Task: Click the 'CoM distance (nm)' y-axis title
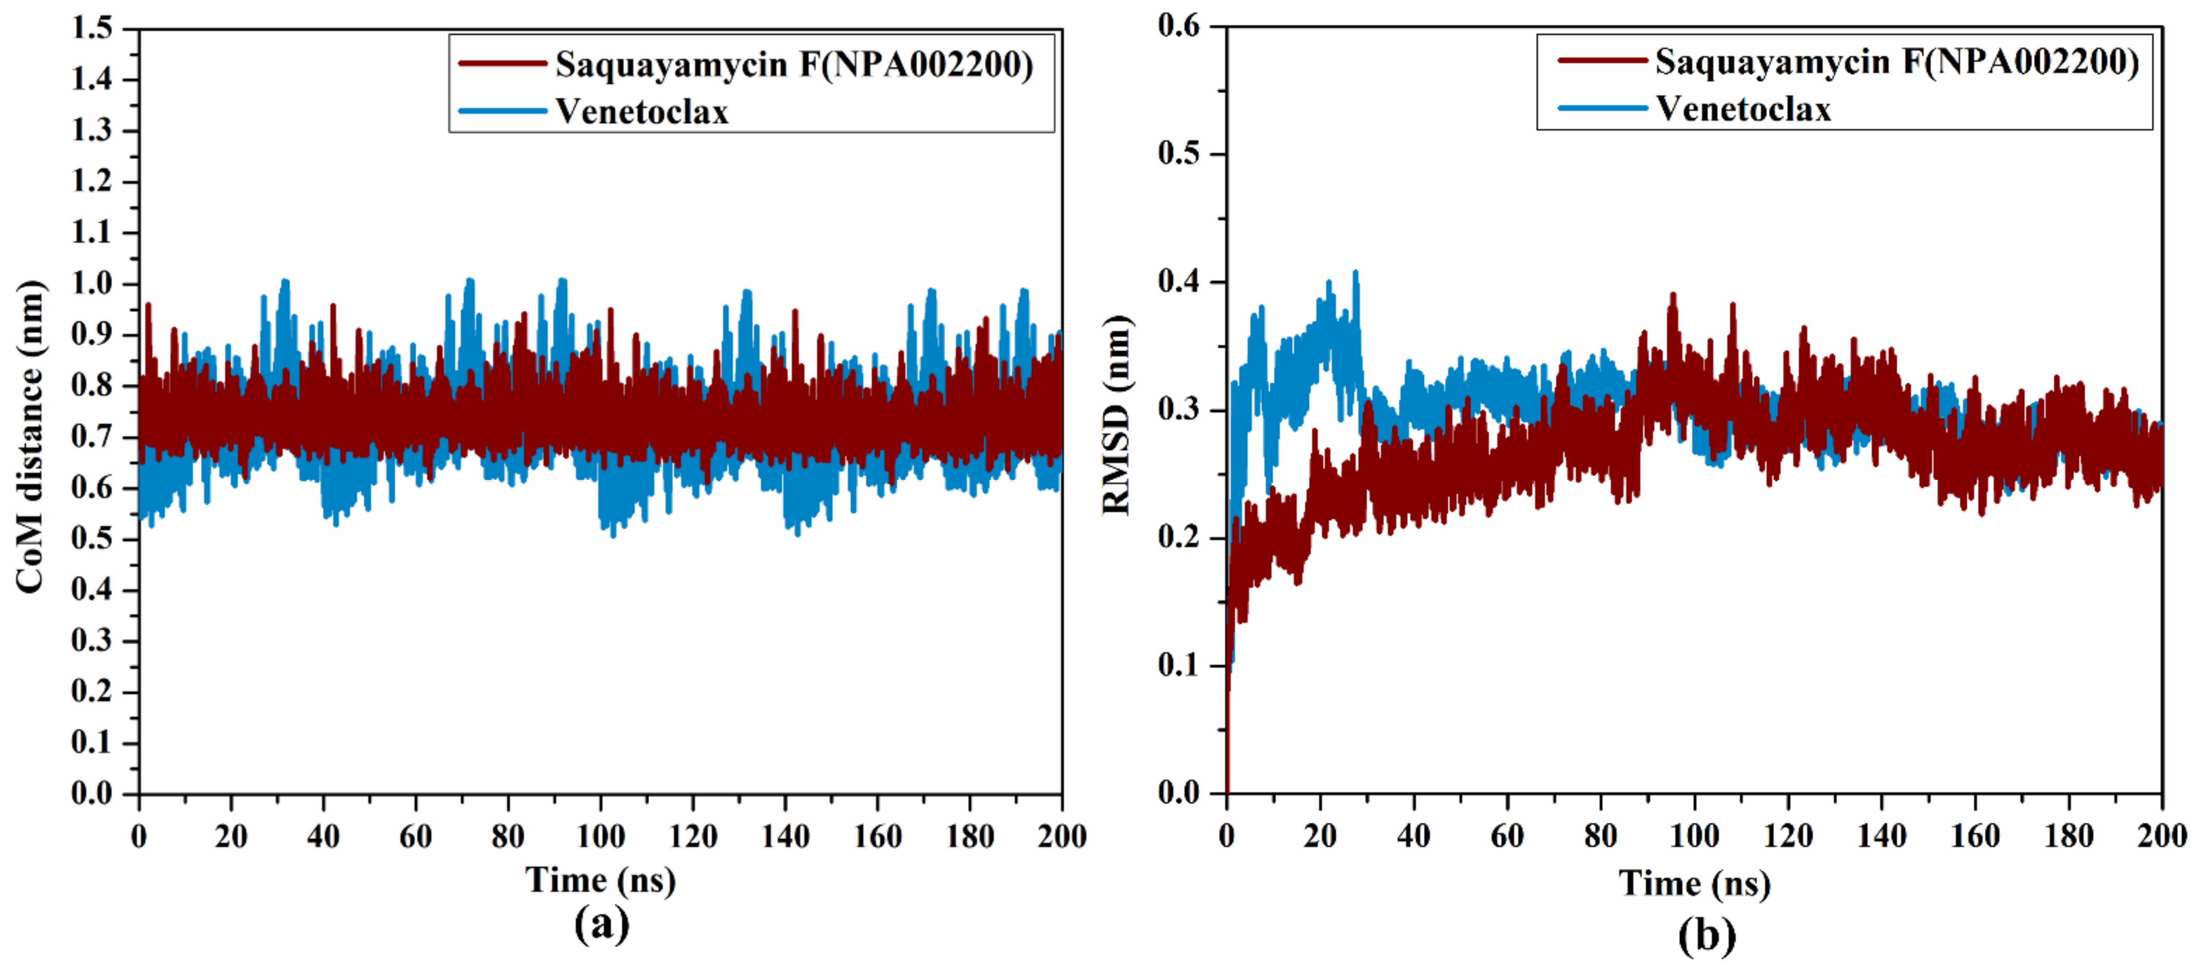(x=30, y=436)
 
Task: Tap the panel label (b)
(x=1706, y=935)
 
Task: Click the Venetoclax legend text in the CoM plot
(x=642, y=112)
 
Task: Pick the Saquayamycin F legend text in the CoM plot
(x=794, y=64)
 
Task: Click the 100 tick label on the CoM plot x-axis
(x=601, y=836)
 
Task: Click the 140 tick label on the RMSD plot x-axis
(x=1882, y=836)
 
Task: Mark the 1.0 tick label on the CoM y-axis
(x=92, y=284)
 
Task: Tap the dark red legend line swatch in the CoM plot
(x=503, y=63)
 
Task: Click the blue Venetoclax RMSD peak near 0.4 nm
(x=1355, y=274)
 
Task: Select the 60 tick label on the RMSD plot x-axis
(x=1507, y=836)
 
